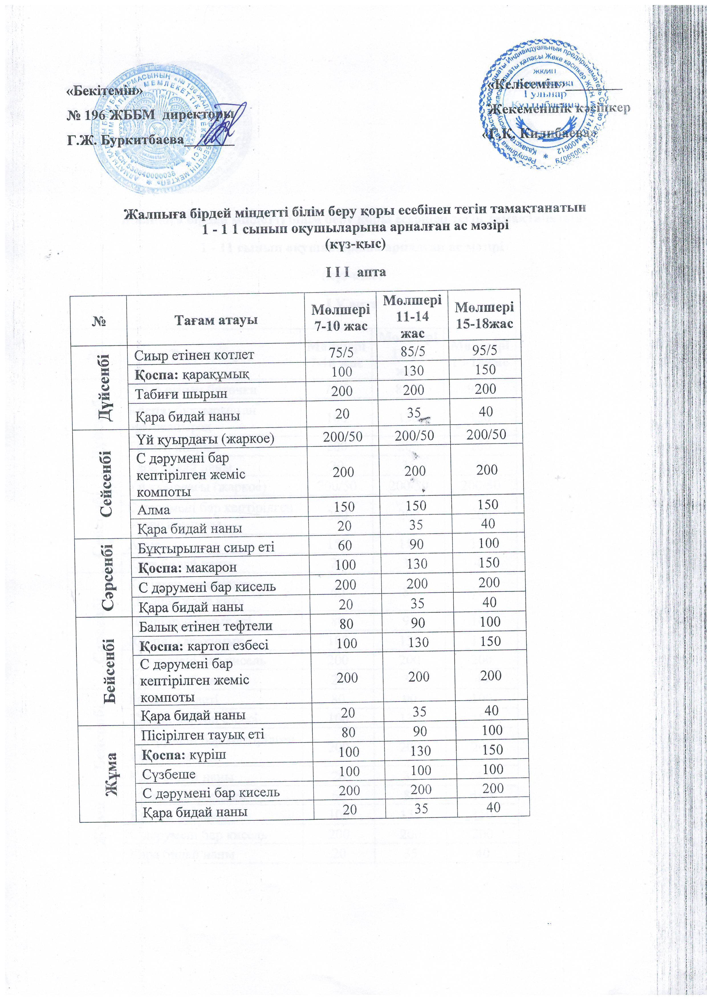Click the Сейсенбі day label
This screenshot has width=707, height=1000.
coord(105,484)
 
